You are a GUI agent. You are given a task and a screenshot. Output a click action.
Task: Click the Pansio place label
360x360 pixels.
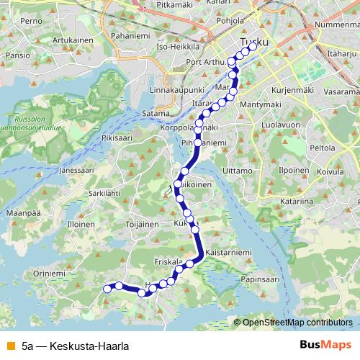tap(17, 55)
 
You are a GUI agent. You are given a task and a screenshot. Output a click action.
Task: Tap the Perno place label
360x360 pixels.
tap(32, 22)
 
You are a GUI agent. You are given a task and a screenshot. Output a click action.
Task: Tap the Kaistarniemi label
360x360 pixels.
tap(228, 253)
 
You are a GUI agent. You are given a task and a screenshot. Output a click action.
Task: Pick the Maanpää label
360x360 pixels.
tap(22, 214)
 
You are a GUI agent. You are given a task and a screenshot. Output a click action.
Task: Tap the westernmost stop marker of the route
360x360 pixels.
tap(108, 289)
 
